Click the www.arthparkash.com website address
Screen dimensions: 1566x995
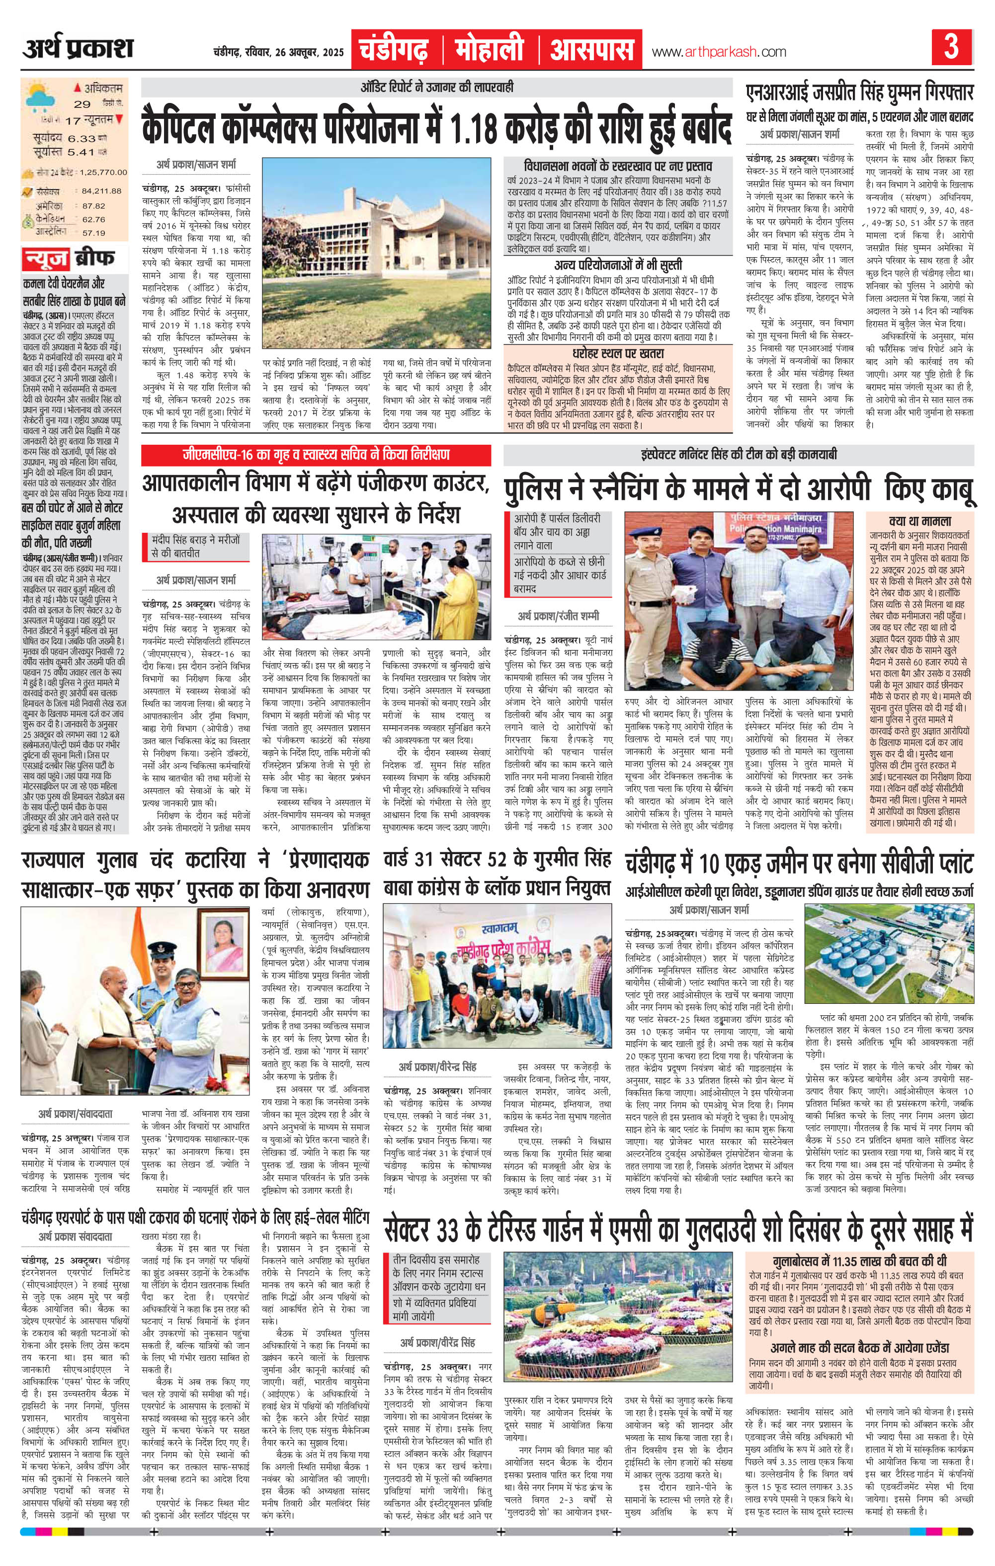coord(718,51)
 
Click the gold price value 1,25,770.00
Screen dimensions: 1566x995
coord(104,172)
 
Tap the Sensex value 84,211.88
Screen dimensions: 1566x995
coord(102,191)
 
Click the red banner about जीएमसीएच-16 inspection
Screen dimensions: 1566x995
coord(317,455)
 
